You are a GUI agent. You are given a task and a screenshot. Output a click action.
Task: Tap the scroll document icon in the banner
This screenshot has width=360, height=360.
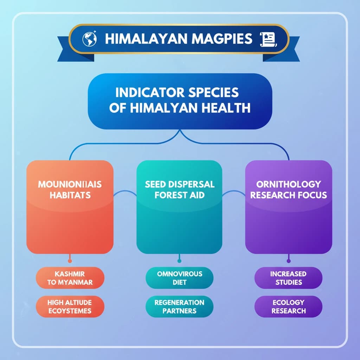[268, 39]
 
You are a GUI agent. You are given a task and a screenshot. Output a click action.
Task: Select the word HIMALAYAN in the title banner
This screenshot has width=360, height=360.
[143, 39]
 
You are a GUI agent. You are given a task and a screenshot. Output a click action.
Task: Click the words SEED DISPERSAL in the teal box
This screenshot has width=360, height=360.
[179, 185]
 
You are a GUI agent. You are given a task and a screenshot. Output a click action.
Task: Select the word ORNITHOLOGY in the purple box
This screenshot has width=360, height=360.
[288, 185]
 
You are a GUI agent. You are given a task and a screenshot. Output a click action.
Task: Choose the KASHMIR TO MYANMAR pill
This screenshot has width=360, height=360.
[70, 278]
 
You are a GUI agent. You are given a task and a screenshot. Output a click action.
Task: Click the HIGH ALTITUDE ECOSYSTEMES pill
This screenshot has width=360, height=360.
[70, 306]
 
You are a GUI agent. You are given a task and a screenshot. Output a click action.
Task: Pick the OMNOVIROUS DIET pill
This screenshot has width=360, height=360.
[179, 278]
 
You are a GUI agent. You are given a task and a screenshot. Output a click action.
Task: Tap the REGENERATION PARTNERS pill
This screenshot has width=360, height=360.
[179, 306]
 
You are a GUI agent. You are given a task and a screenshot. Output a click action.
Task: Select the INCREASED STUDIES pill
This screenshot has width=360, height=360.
[288, 278]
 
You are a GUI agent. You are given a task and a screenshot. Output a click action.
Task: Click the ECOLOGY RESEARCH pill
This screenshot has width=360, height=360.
[288, 306]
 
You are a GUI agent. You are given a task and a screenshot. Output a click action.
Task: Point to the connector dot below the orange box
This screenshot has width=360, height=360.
[70, 261]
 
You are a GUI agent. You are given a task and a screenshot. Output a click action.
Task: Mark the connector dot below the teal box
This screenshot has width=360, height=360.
[179, 261]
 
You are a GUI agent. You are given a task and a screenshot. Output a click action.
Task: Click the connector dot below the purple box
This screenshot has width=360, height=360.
[288, 261]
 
